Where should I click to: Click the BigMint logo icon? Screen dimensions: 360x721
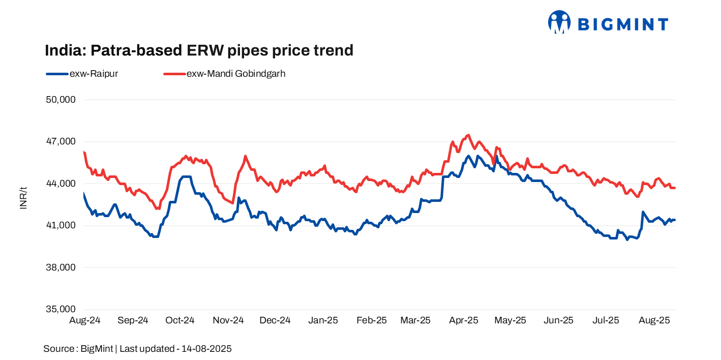(559, 22)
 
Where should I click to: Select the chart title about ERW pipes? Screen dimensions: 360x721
(199, 50)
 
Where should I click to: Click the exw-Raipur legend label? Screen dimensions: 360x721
(94, 74)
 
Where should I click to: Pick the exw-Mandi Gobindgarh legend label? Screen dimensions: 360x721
(236, 74)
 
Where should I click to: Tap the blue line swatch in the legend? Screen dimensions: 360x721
(56, 74)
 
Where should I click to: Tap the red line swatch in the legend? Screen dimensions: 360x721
(174, 74)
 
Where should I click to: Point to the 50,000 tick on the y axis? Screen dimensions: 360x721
(61, 100)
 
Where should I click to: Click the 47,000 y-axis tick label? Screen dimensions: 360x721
(61, 141)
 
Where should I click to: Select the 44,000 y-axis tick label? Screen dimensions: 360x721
(61, 184)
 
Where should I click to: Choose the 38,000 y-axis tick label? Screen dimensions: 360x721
(61, 267)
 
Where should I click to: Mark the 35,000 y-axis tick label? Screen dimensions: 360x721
(61, 309)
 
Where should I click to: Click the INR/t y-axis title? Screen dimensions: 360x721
(23, 198)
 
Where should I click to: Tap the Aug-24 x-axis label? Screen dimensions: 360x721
(84, 320)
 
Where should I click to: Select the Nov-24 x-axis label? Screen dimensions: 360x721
(228, 320)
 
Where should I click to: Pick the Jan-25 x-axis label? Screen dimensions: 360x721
(323, 320)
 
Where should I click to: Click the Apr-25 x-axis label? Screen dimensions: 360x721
(464, 320)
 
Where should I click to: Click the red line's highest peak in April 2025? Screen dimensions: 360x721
(468, 135)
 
